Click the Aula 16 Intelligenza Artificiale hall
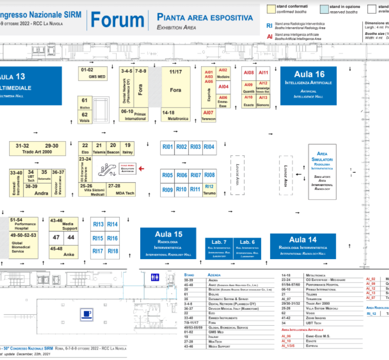pyautogui.click(x=308, y=86)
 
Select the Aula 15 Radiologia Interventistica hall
pyautogui.click(x=168, y=243)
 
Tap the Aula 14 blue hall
pyautogui.click(x=302, y=245)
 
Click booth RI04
pyautogui.click(x=209, y=147)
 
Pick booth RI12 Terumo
pyautogui.click(x=209, y=189)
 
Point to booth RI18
pyautogui.click(x=113, y=251)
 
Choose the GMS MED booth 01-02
pyautogui.click(x=93, y=73)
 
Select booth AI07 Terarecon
pyautogui.click(x=208, y=115)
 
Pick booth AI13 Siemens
pyautogui.click(x=263, y=101)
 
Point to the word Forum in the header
pyautogui.click(x=117, y=20)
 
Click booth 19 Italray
pyautogui.click(x=127, y=147)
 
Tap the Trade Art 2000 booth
pyautogui.click(x=37, y=149)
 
